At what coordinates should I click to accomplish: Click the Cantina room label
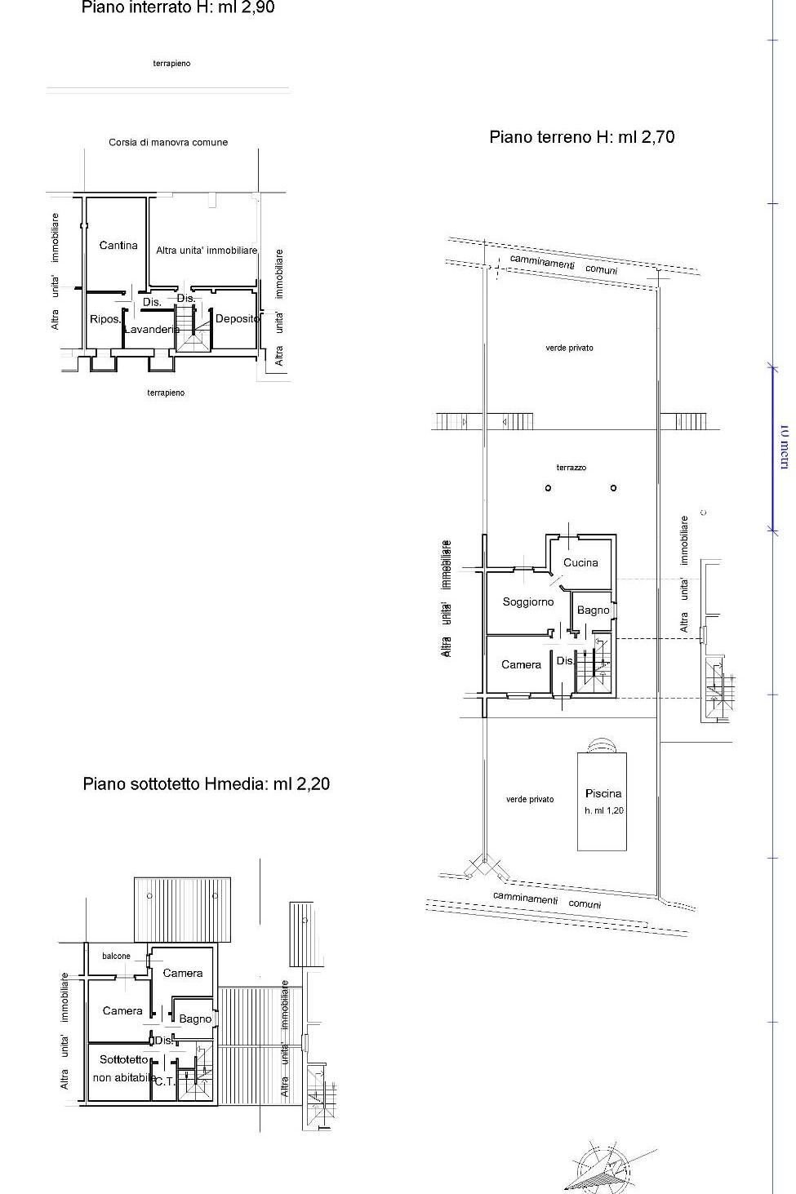tap(118, 245)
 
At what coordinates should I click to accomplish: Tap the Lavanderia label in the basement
tap(152, 330)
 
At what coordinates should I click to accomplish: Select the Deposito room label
tap(238, 319)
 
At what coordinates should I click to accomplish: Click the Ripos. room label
tap(105, 319)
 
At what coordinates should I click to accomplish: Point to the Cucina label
tap(580, 562)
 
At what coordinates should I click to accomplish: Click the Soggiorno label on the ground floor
tap(528, 601)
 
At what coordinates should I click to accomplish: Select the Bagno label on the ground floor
tap(593, 610)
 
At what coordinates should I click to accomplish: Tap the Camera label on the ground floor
tap(521, 664)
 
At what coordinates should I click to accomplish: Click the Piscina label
tap(603, 793)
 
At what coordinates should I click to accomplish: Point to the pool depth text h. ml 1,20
tap(603, 811)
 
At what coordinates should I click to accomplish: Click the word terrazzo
tap(571, 468)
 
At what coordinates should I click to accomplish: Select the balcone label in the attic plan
tap(116, 956)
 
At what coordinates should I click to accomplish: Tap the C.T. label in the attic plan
tap(164, 1081)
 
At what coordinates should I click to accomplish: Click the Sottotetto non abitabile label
tap(124, 1068)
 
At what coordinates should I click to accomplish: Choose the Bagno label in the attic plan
tap(195, 1019)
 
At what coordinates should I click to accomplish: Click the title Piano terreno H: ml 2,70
tap(581, 137)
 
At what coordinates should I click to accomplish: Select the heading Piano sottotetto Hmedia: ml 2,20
tap(206, 784)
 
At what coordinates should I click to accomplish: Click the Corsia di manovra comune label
tap(168, 142)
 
